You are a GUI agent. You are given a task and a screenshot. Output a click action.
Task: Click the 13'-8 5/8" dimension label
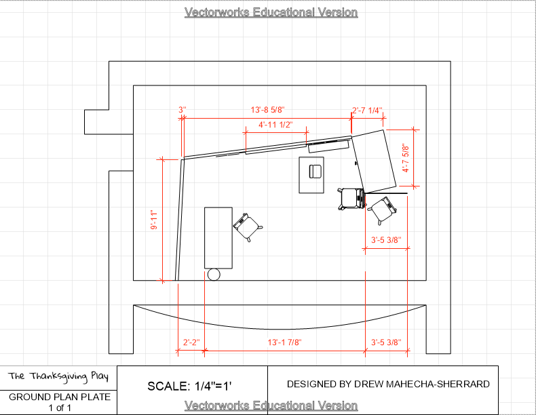point(267,110)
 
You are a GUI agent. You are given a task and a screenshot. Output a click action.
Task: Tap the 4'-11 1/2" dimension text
point(275,125)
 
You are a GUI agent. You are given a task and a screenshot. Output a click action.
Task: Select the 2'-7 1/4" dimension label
point(367,111)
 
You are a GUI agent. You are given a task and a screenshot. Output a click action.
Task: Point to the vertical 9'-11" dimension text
point(154,220)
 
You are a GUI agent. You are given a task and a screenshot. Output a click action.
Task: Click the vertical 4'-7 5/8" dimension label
point(406,158)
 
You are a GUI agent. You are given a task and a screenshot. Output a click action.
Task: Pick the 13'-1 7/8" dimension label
point(284,342)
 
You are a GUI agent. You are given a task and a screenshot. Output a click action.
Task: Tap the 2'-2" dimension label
point(191,342)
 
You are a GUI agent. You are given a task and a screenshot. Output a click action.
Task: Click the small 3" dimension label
point(183,110)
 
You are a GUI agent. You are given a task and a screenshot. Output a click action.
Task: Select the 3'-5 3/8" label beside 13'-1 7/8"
point(386,342)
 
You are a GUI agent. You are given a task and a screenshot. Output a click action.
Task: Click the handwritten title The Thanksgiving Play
point(58,376)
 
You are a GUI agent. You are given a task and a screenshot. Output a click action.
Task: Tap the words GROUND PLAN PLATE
point(60,397)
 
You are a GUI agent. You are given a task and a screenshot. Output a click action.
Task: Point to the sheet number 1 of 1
point(60,408)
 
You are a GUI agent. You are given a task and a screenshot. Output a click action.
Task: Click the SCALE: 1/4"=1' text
point(190,387)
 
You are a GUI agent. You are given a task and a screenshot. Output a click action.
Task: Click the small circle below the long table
point(214,275)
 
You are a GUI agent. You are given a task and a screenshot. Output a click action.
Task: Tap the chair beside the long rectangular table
point(248,226)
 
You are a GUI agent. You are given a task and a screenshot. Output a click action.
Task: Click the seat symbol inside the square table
point(315,172)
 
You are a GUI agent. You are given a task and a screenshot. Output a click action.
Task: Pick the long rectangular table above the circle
point(218,238)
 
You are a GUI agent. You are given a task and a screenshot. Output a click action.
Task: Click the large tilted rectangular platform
point(374,161)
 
